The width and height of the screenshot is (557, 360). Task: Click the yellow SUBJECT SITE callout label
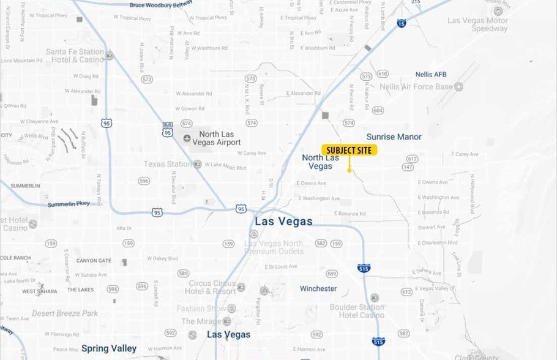tap(349, 150)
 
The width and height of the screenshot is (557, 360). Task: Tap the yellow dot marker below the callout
tap(350, 170)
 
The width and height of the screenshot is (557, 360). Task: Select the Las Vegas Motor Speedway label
tap(477, 24)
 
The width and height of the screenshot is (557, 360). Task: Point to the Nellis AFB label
tap(431, 75)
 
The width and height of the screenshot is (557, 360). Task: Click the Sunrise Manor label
tap(394, 137)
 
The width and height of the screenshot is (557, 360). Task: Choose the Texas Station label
tap(167, 164)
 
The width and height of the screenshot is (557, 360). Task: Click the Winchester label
tap(318, 288)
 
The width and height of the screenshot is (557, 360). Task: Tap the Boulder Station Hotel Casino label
tap(357, 311)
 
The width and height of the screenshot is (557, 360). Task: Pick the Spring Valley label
tap(109, 348)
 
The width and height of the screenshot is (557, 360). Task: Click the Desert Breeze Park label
tap(65, 313)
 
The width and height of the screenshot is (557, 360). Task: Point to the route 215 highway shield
tap(416, 2)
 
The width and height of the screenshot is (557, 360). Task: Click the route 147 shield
tap(408, 167)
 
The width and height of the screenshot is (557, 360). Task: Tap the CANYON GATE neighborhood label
tap(94, 261)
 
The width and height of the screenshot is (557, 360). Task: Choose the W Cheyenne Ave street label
tap(43, 122)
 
